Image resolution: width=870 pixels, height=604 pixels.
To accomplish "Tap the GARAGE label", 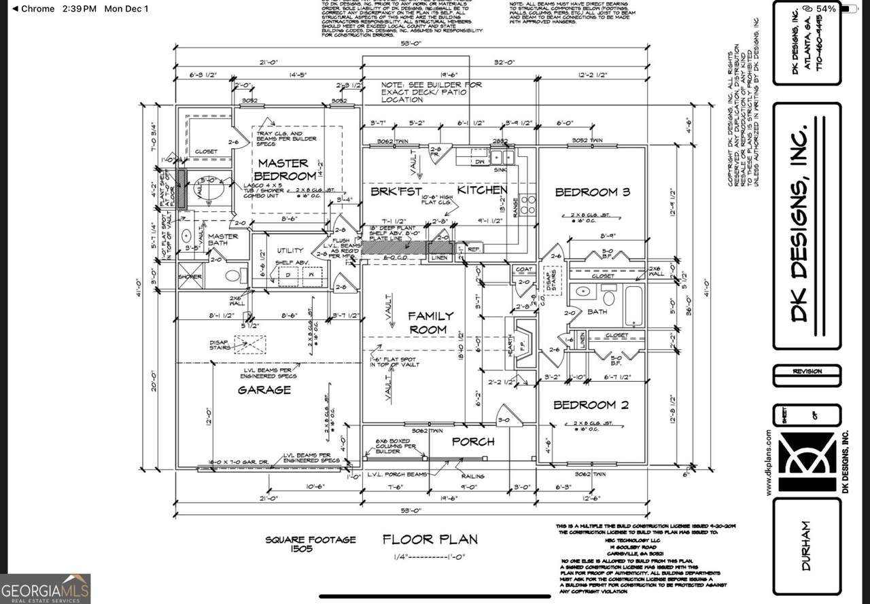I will (264, 390).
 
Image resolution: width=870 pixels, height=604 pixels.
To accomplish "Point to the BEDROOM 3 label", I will (592, 192).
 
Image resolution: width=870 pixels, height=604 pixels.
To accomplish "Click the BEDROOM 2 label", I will (590, 405).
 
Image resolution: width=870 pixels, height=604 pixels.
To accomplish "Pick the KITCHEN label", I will (482, 190).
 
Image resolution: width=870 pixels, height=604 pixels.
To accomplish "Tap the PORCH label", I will (473, 442).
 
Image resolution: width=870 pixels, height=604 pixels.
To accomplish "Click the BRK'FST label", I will (396, 192).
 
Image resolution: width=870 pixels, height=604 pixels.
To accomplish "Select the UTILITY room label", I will (289, 251).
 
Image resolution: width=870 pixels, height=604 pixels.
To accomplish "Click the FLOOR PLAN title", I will (430, 540).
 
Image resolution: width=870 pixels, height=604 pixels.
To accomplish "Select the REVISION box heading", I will (807, 372).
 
